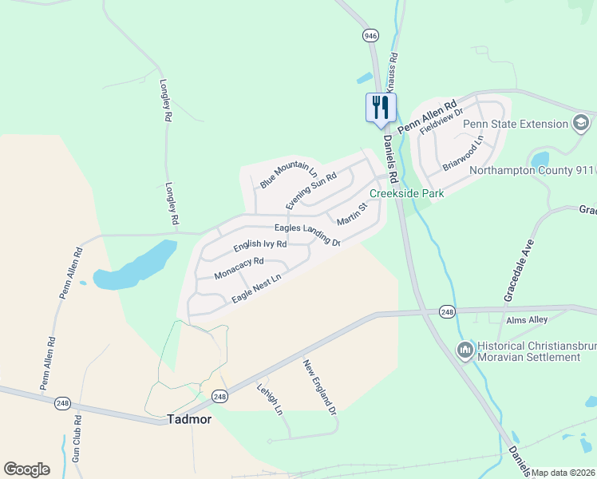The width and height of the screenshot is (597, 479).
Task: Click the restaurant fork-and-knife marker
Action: coord(380,107)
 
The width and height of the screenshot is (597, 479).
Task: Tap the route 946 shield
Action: coord(369,36)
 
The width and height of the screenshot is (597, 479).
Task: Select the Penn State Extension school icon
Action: coord(581,124)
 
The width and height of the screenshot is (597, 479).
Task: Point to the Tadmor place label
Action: coord(189,419)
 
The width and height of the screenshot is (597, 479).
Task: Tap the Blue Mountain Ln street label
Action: coord(288,175)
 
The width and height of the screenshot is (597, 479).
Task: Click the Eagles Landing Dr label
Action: coord(308,235)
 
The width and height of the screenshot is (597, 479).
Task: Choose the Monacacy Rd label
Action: coord(239,268)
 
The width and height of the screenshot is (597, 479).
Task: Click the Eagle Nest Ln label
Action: coord(257,289)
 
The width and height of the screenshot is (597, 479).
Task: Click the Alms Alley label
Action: coord(528,320)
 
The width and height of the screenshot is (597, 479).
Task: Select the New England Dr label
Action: coord(319,387)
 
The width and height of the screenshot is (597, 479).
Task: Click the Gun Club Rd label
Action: coord(77,439)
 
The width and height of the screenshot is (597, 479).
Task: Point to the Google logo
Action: coord(26,469)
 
